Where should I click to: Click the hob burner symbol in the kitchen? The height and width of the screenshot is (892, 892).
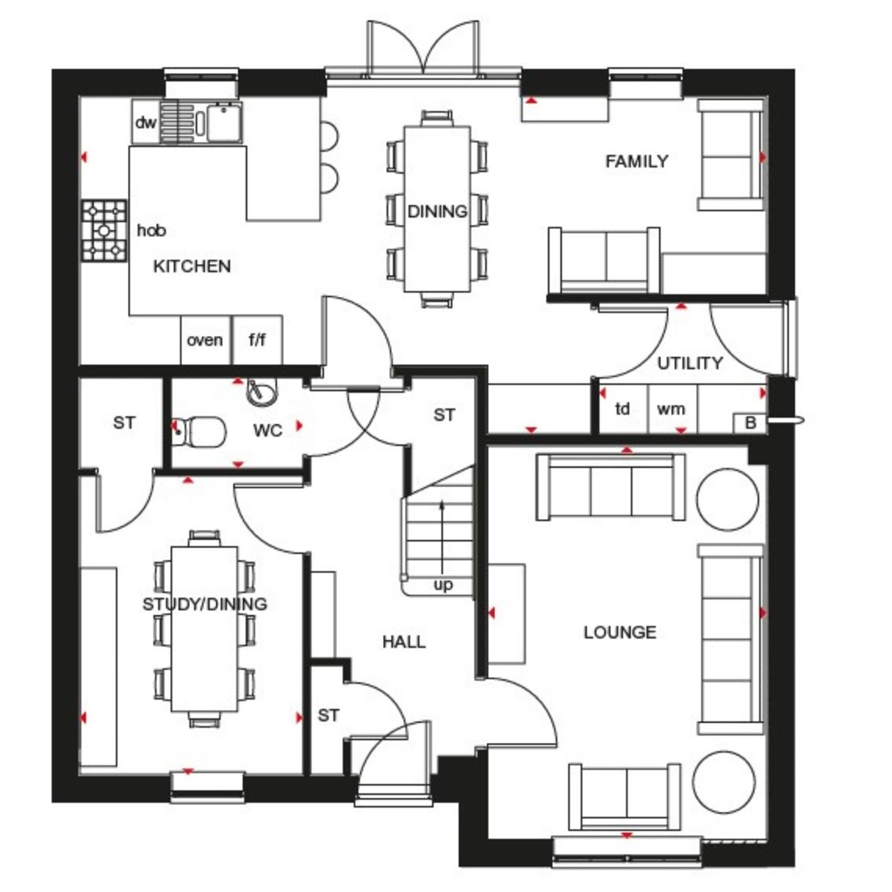(105, 231)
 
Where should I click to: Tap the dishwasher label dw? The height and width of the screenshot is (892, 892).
(145, 123)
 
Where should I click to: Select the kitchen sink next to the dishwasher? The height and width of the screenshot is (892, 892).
(223, 122)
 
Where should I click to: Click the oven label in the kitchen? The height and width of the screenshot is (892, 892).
(205, 340)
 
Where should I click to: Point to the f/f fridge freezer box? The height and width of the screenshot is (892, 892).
(257, 340)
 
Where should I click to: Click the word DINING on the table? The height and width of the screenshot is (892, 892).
(437, 211)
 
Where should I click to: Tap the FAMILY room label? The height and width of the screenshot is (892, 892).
(637, 161)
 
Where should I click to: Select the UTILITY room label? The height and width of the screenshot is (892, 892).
(690, 363)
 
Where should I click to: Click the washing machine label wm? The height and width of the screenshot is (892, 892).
(671, 408)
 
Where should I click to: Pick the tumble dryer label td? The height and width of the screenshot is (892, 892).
(623, 408)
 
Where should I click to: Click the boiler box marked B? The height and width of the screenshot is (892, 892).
(750, 423)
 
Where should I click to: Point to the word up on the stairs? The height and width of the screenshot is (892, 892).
(443, 585)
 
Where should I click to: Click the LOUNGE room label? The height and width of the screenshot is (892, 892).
(619, 632)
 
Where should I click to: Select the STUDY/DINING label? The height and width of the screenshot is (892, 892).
(205, 604)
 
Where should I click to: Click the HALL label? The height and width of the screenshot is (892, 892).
(404, 642)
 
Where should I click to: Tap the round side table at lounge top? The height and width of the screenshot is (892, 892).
(727, 499)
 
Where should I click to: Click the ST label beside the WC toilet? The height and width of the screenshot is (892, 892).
(125, 422)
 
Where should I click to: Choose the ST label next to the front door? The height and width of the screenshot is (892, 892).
(328, 716)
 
